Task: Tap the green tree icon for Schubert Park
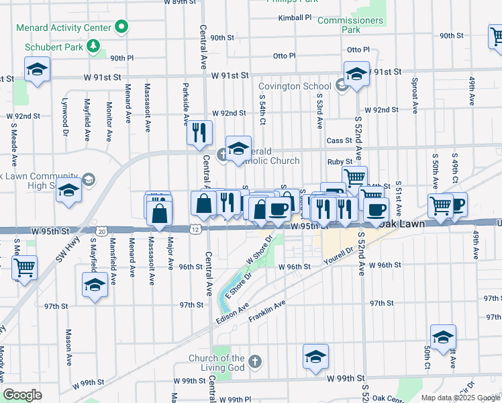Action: tap(94, 46)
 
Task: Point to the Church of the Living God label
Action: tap(216, 363)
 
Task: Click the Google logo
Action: tap(22, 395)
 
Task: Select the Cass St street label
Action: tap(339, 140)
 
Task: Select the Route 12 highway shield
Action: tap(194, 230)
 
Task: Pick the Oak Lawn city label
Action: tap(401, 224)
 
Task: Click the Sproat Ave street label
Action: tap(416, 98)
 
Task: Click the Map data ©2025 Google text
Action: tap(460, 398)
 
